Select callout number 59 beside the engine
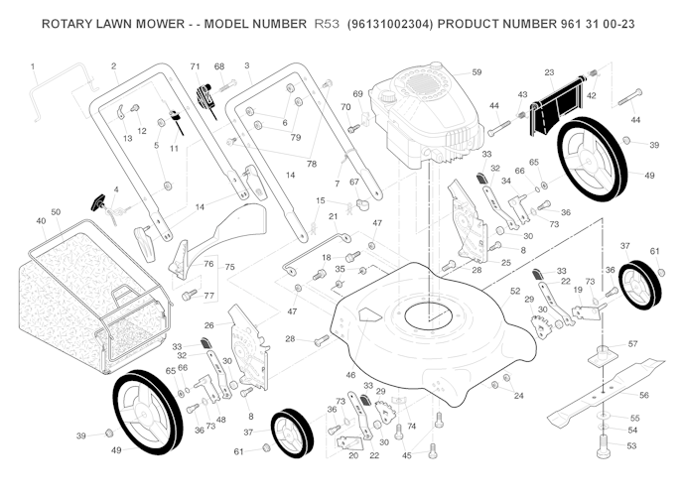[477, 72]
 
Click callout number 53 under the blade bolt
[631, 445]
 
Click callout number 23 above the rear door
[549, 72]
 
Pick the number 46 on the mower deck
[349, 375]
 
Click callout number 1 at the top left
[33, 66]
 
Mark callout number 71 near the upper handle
[196, 65]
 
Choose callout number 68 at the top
[219, 66]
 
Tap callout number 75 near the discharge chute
[229, 267]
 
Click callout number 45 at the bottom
[406, 455]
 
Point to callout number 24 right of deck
[518, 395]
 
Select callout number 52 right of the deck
[515, 291]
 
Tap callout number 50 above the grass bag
[56, 211]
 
